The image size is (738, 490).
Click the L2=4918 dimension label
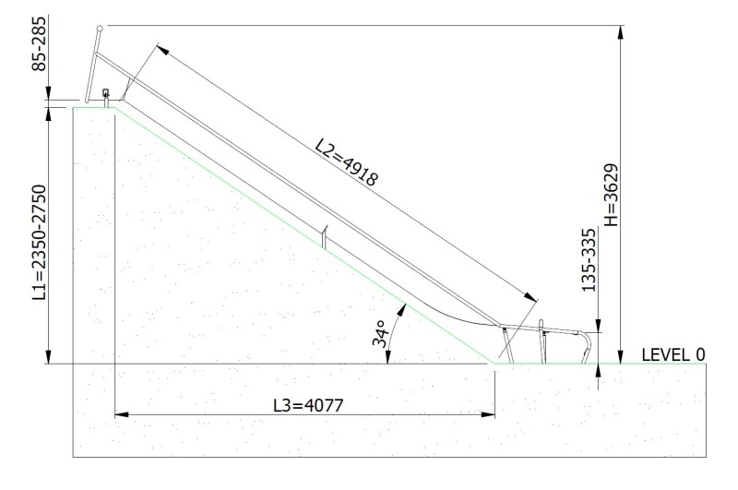[x=347, y=161]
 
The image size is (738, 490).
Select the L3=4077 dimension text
[x=308, y=405]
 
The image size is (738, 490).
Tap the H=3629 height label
[x=611, y=195]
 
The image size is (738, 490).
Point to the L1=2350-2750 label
[x=39, y=243]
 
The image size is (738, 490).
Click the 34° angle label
[x=379, y=333]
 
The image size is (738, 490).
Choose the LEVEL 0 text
[x=673, y=354]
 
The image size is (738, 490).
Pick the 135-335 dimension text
[x=589, y=260]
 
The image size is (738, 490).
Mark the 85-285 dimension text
[x=39, y=43]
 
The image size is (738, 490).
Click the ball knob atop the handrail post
[x=100, y=29]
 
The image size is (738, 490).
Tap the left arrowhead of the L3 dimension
[x=122, y=414]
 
